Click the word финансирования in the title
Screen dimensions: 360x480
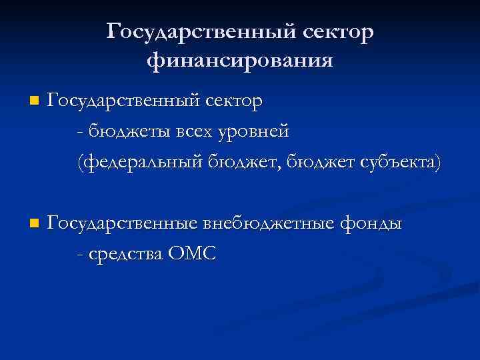pyautogui.click(x=239, y=61)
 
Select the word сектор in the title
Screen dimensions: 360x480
pyautogui.click(x=339, y=31)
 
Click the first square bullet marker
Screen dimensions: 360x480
pyautogui.click(x=34, y=102)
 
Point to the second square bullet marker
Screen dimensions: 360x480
pyautogui.click(x=34, y=222)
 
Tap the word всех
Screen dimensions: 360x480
pyautogui.click(x=184, y=131)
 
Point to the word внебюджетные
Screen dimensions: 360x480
pyautogui.click(x=273, y=222)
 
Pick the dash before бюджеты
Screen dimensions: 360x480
pyautogui.click(x=80, y=133)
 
